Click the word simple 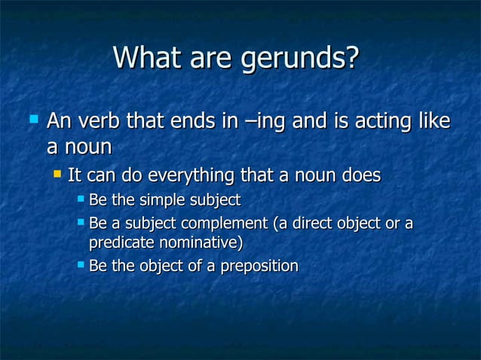coord(166,200)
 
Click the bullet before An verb coord(32,119)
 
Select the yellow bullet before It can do coord(56,175)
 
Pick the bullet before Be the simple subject coord(81,200)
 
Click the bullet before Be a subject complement coord(81,223)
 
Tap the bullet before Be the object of coord(81,265)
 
